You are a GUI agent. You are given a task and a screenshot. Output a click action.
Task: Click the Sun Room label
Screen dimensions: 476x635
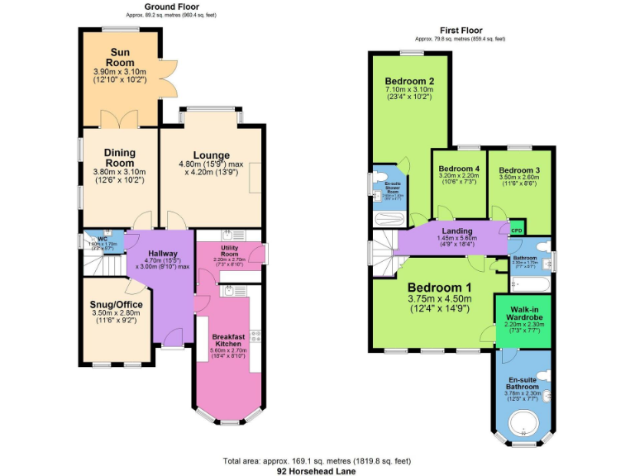pos(121,57)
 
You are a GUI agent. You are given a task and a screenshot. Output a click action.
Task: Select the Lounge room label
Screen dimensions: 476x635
pos(212,155)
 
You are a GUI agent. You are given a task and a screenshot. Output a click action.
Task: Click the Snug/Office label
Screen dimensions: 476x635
pos(117,305)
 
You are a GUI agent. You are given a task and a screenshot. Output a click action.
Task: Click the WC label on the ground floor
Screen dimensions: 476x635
pos(103,239)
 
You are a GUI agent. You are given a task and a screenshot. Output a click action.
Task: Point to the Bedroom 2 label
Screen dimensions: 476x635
pos(408,81)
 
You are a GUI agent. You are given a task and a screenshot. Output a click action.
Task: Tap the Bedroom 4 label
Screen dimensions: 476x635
pos(459,169)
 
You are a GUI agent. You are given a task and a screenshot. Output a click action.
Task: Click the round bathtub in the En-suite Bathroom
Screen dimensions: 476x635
pos(525,426)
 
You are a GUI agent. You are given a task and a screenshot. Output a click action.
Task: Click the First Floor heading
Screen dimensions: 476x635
pos(460,30)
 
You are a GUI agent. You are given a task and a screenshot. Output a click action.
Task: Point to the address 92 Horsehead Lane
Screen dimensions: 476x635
pos(317,470)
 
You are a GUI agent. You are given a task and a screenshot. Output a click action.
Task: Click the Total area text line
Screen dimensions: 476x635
pos(317,460)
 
